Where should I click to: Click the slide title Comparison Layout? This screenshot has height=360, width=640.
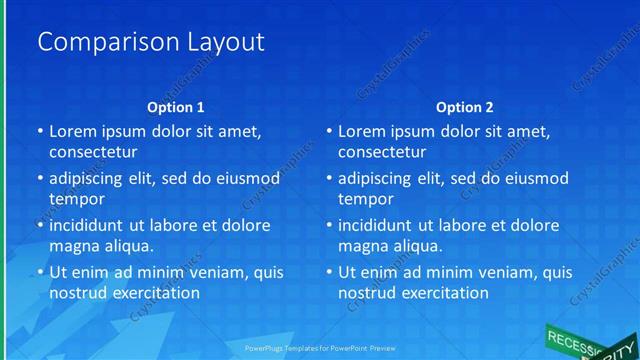[x=150, y=42]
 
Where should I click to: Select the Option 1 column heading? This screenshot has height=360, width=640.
[x=176, y=107]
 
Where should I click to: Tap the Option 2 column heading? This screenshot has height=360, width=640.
[x=465, y=107]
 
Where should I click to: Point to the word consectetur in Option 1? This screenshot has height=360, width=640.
[x=93, y=152]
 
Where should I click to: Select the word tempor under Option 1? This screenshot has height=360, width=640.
[x=73, y=199]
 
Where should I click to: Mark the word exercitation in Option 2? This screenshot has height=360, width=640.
[x=443, y=293]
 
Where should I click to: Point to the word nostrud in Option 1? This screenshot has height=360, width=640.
[x=78, y=293]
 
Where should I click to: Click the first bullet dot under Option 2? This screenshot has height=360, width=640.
[x=329, y=132]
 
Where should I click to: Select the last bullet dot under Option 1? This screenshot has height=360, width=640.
[x=40, y=273]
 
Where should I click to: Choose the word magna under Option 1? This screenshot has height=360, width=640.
[x=74, y=246]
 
